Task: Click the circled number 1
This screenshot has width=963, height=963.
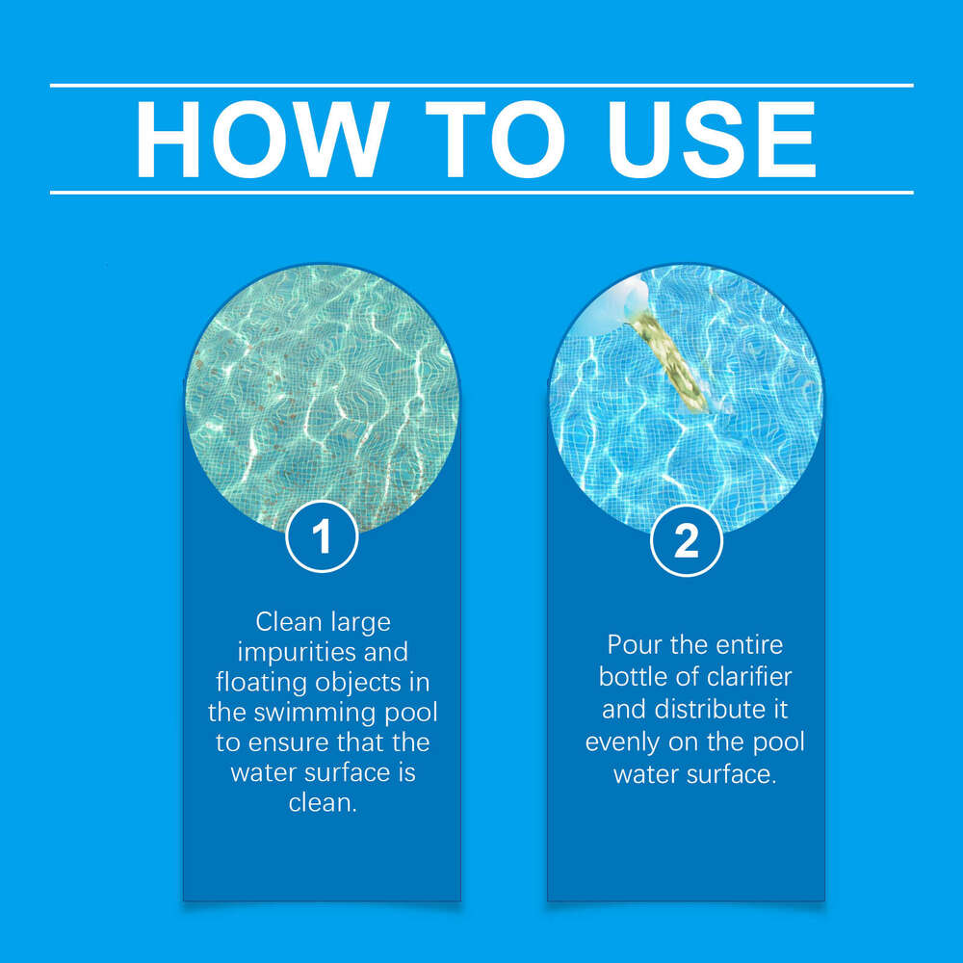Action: [x=322, y=537]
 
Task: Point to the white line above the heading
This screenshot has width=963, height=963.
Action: [x=481, y=86]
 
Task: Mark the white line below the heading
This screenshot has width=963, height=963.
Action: [x=481, y=192]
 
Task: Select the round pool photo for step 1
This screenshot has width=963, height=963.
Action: [x=322, y=395]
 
